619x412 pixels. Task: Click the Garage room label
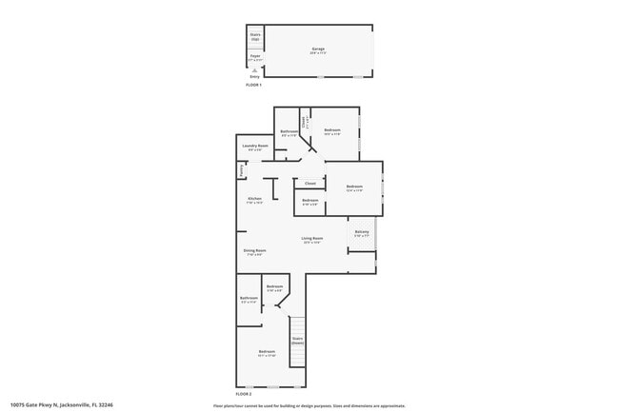[317, 48]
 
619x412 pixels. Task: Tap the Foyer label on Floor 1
[255, 56]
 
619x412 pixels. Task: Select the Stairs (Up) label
[255, 37]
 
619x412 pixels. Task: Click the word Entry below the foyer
[255, 76]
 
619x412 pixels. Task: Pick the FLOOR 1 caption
[253, 86]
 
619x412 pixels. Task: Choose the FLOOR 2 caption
[245, 393]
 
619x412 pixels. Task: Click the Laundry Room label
[255, 146]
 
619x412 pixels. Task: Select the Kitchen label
[254, 198]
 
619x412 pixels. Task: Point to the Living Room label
[312, 238]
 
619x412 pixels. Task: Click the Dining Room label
[255, 250]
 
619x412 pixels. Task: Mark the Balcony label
[362, 231]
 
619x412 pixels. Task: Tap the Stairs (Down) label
[297, 340]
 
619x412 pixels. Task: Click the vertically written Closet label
[304, 122]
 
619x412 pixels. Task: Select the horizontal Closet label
[310, 183]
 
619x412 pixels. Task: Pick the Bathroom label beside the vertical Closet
[289, 131]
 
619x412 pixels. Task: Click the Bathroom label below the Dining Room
[249, 299]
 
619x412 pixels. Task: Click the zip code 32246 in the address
[106, 405]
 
